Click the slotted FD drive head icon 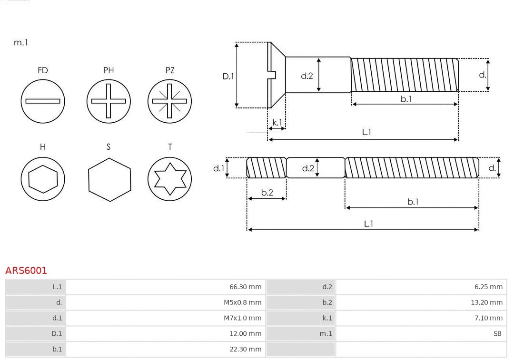tap(43, 101)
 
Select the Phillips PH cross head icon tap(109, 101)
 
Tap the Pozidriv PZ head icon tap(170, 101)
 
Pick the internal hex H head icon tap(43, 179)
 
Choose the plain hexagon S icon tap(109, 179)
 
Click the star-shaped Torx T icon tap(170, 179)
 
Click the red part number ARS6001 tap(26, 271)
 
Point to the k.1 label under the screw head tap(277, 123)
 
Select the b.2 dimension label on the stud tap(267, 193)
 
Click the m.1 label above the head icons tap(21, 43)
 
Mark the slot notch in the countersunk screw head tap(273, 75)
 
